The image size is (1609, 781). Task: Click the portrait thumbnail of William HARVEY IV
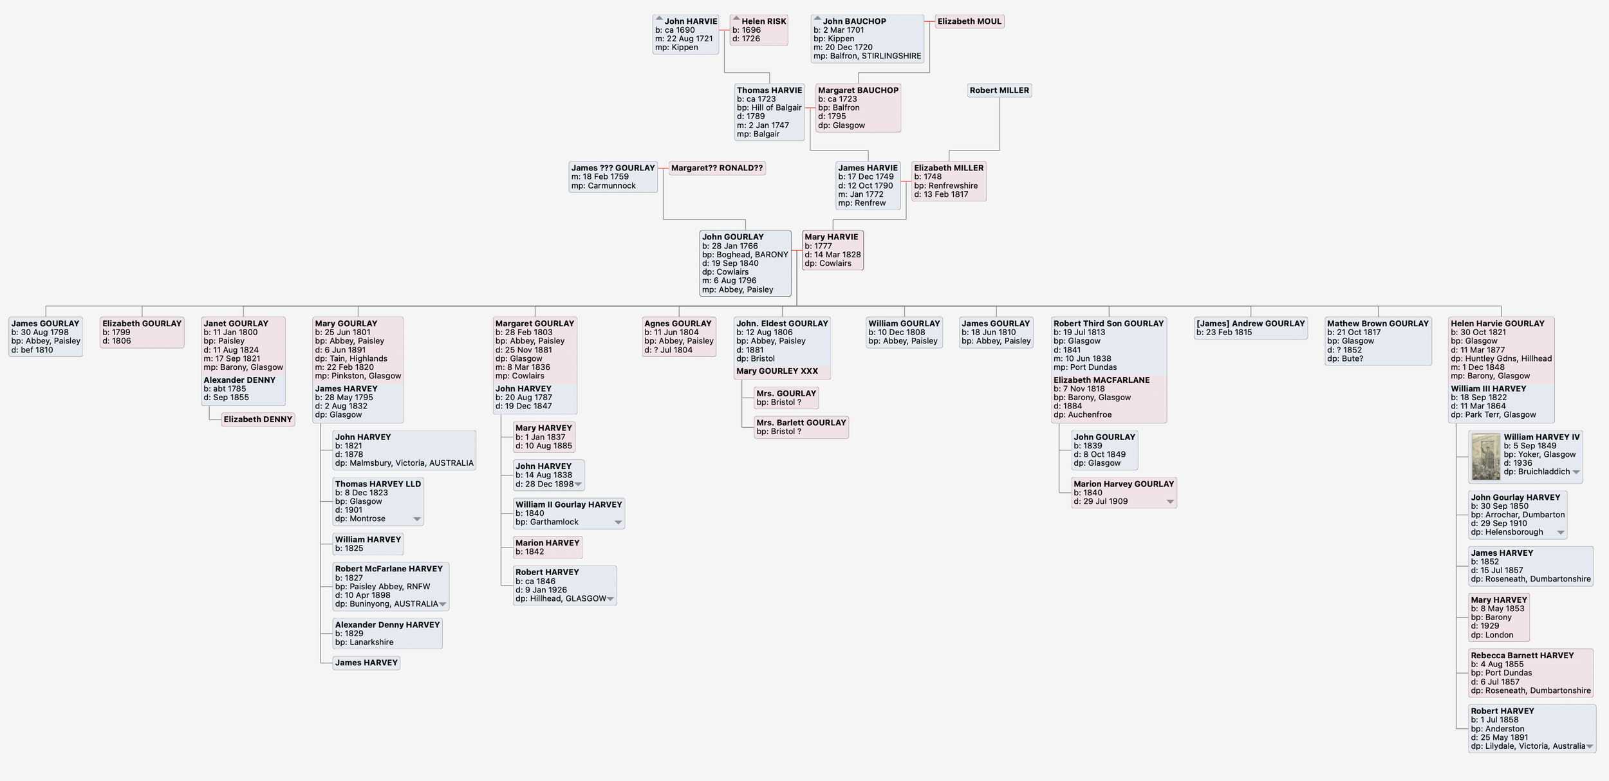pos(1486,457)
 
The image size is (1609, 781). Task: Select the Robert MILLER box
pos(999,91)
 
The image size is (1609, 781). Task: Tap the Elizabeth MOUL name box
pos(969,22)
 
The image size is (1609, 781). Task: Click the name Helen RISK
pos(763,22)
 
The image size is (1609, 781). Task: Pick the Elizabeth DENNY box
pos(258,419)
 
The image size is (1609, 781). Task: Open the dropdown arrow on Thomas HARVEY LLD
pos(417,519)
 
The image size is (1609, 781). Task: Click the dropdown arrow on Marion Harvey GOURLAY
pos(1170,502)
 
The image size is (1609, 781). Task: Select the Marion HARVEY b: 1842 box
pos(548,547)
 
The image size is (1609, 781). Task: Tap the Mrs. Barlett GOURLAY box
pos(801,427)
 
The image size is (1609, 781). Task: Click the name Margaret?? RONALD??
pos(717,169)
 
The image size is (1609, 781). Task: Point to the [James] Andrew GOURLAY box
pos(1251,328)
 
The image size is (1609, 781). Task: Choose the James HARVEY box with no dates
pos(366,663)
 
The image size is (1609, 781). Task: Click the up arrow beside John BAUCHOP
pos(817,19)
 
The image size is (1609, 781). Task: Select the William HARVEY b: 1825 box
pos(367,544)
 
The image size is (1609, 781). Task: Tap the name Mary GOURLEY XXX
pos(777,371)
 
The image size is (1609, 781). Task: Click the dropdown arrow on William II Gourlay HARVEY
pos(618,522)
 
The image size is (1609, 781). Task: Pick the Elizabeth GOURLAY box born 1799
pos(142,332)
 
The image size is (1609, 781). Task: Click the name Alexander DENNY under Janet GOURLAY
pos(239,380)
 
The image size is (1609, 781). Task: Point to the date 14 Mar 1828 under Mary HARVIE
pos(837,255)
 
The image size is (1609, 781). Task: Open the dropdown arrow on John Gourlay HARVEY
pos(1560,533)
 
